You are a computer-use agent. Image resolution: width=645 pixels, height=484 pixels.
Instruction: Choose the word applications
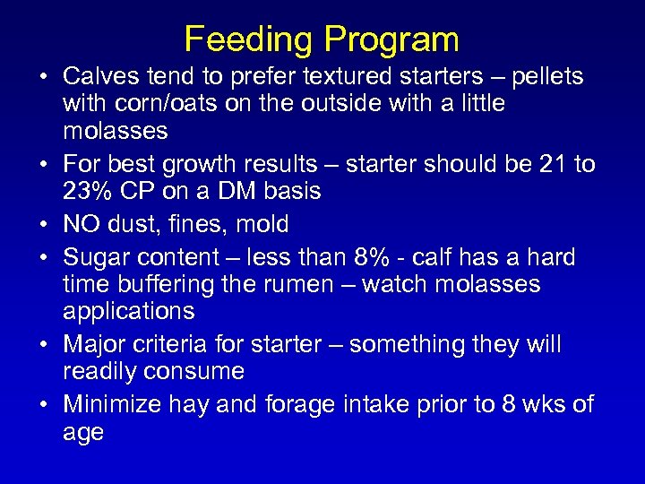(128, 311)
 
